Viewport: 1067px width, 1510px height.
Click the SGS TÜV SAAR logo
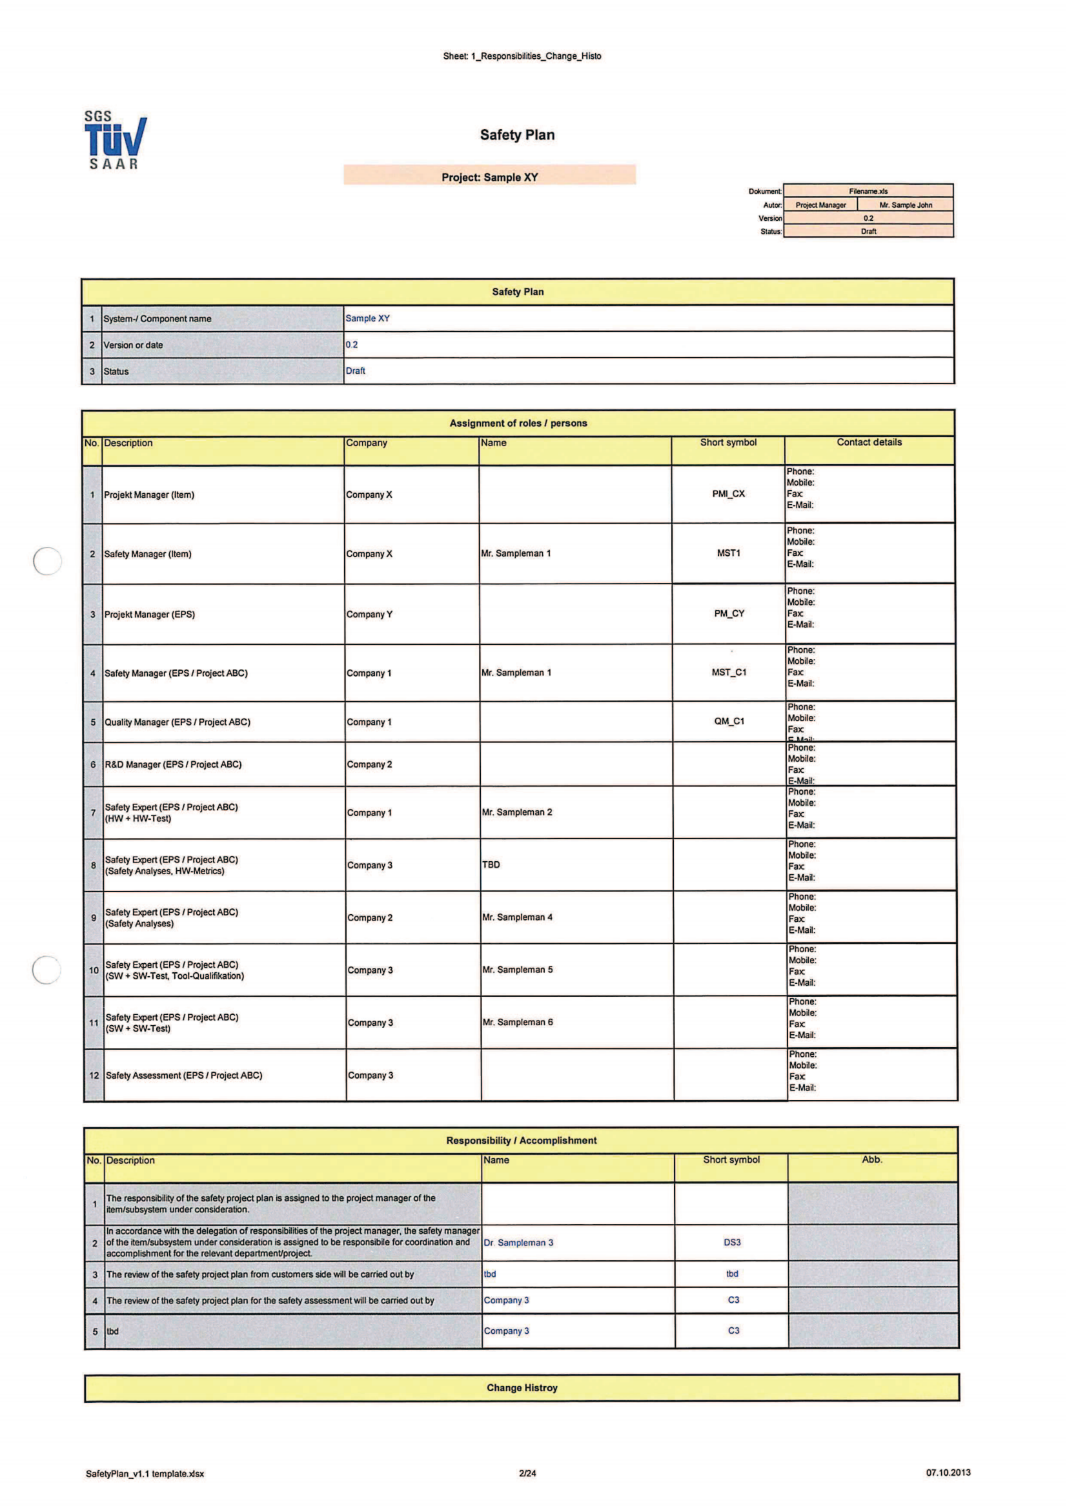pyautogui.click(x=115, y=140)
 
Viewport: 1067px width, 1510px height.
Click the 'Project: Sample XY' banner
pyautogui.click(x=489, y=176)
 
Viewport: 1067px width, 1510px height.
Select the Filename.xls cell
pyautogui.click(x=868, y=191)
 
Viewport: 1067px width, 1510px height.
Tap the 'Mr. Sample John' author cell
pyautogui.click(x=905, y=205)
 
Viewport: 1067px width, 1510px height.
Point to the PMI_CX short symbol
pyautogui.click(x=728, y=494)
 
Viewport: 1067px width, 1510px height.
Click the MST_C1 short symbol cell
pyautogui.click(x=728, y=672)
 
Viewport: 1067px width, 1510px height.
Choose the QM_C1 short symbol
pyautogui.click(x=729, y=721)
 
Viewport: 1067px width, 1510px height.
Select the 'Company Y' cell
pyautogui.click(x=369, y=614)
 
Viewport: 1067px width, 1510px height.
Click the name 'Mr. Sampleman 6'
pyautogui.click(x=518, y=1022)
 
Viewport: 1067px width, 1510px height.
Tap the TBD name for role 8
pyautogui.click(x=491, y=864)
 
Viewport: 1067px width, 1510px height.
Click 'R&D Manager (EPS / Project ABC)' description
pyautogui.click(x=174, y=764)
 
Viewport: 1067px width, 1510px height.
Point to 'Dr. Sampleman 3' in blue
pyautogui.click(x=518, y=1242)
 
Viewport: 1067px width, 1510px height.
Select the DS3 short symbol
pyautogui.click(x=732, y=1242)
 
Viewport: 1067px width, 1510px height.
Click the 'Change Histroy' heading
pyautogui.click(x=522, y=1388)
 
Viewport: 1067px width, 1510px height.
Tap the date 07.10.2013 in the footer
pyautogui.click(x=948, y=1473)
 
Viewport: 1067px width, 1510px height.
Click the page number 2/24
pyautogui.click(x=527, y=1473)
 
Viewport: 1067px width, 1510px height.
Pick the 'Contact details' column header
pyautogui.click(x=869, y=443)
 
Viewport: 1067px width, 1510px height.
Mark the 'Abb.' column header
pyautogui.click(x=872, y=1159)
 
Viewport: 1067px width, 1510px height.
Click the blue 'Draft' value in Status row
pyautogui.click(x=355, y=371)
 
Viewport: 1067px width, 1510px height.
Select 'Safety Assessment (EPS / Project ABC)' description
pyautogui.click(x=184, y=1076)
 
